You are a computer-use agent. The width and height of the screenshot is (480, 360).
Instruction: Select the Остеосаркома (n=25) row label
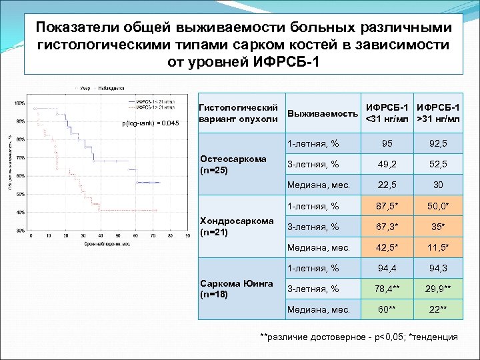(x=233, y=164)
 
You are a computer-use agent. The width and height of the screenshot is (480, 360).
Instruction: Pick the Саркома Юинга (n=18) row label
(x=237, y=288)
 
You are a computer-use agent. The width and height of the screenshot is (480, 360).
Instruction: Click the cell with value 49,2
(x=386, y=165)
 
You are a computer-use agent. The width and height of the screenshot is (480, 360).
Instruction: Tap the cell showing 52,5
(x=438, y=165)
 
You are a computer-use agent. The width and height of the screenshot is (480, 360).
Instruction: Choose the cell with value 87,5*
(x=386, y=206)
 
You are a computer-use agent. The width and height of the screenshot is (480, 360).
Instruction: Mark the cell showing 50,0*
(x=438, y=206)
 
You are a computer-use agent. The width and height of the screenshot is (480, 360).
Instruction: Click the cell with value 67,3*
(x=386, y=227)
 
